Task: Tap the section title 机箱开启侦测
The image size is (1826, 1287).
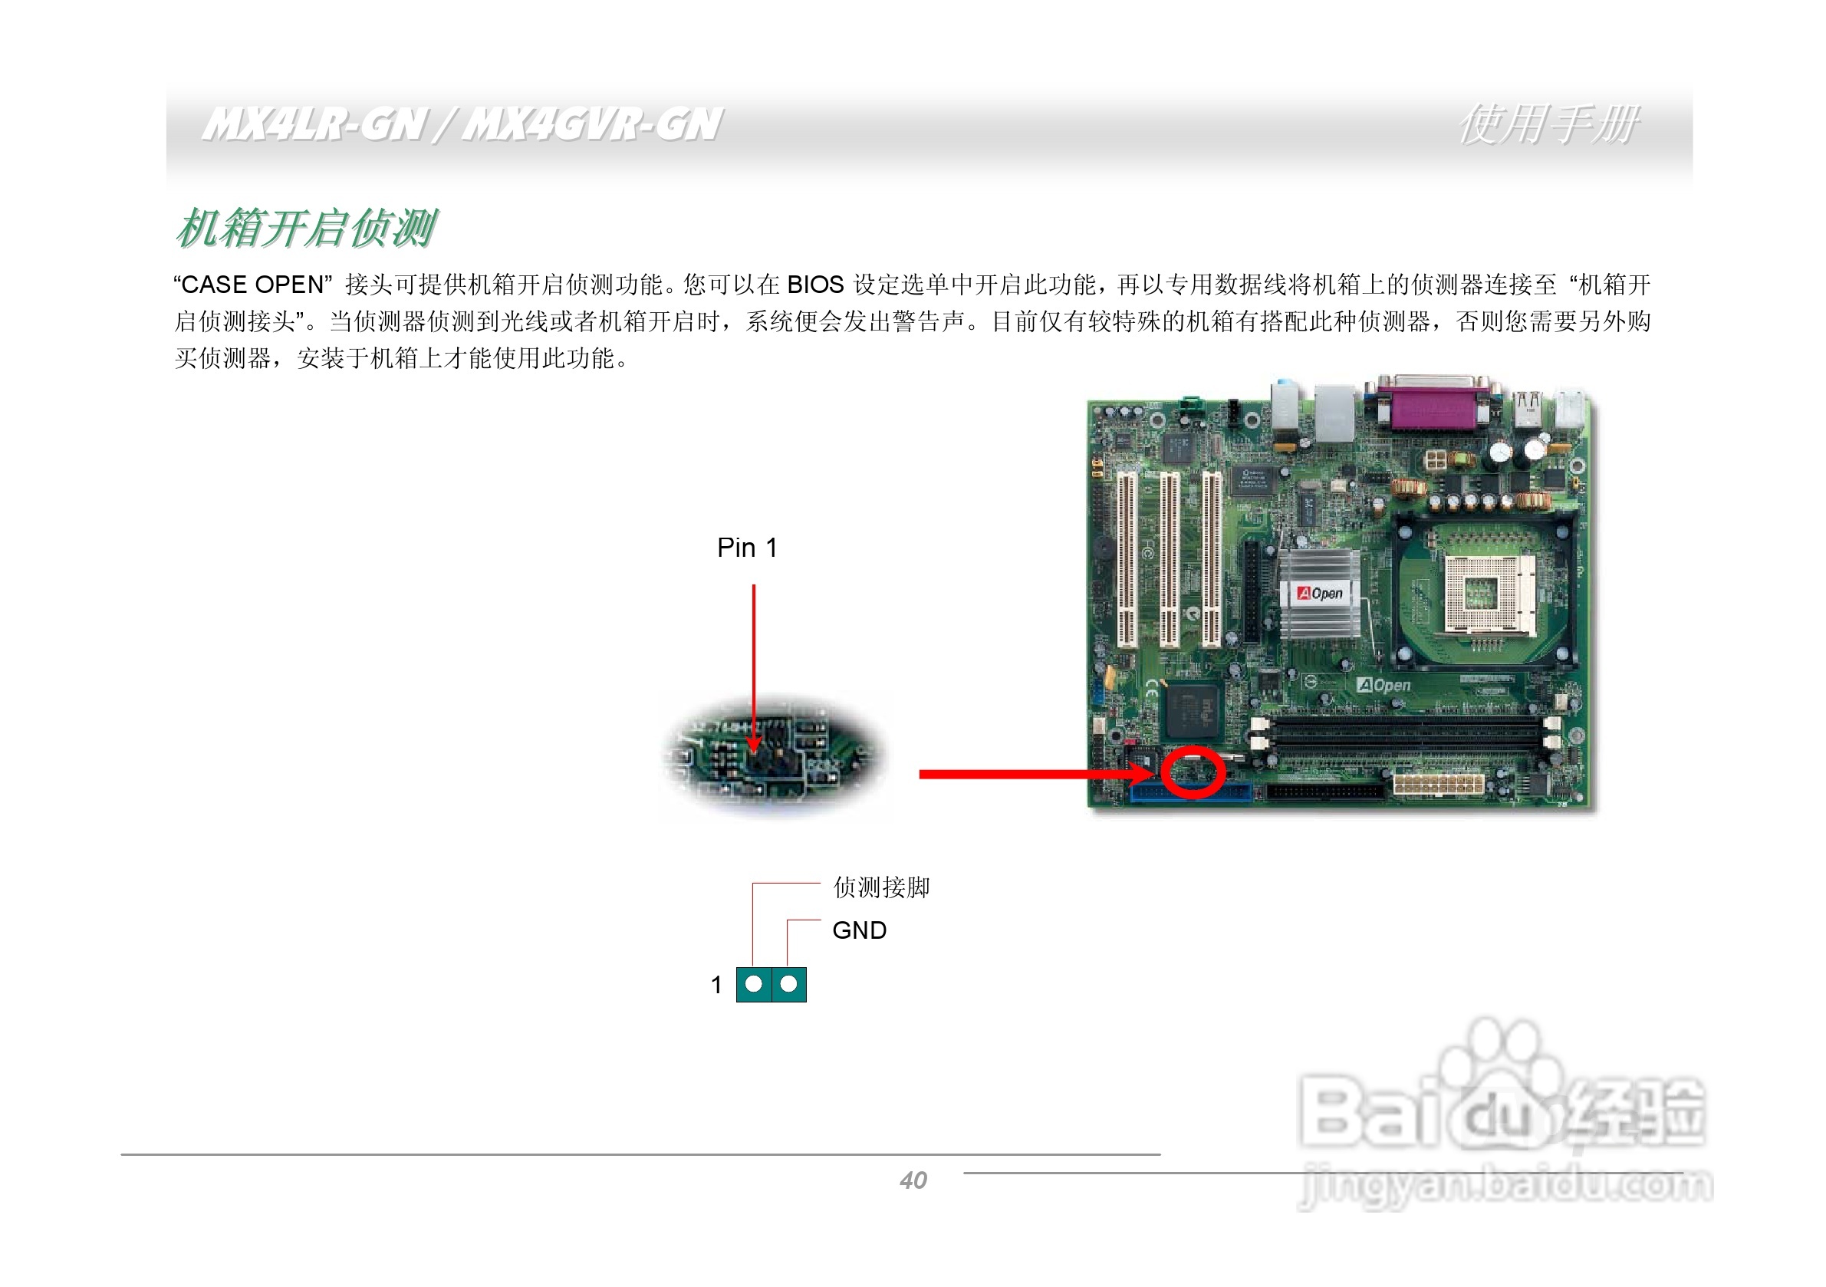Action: point(305,229)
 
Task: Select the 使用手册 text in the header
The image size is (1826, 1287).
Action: point(1548,125)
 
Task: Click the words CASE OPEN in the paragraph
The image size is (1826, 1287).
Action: point(252,284)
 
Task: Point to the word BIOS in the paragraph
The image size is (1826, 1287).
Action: point(815,284)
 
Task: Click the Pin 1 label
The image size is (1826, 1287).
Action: point(747,548)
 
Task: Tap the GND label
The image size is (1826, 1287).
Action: point(859,930)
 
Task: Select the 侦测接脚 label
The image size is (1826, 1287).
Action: point(881,887)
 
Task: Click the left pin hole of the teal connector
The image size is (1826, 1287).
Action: point(754,984)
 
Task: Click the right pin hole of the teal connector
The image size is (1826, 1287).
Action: point(788,984)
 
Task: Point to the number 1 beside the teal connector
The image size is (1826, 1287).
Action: point(716,985)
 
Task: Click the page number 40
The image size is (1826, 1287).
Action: point(913,1180)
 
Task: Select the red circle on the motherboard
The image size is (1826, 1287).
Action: point(1193,771)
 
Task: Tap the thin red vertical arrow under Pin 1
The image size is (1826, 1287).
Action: point(753,660)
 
